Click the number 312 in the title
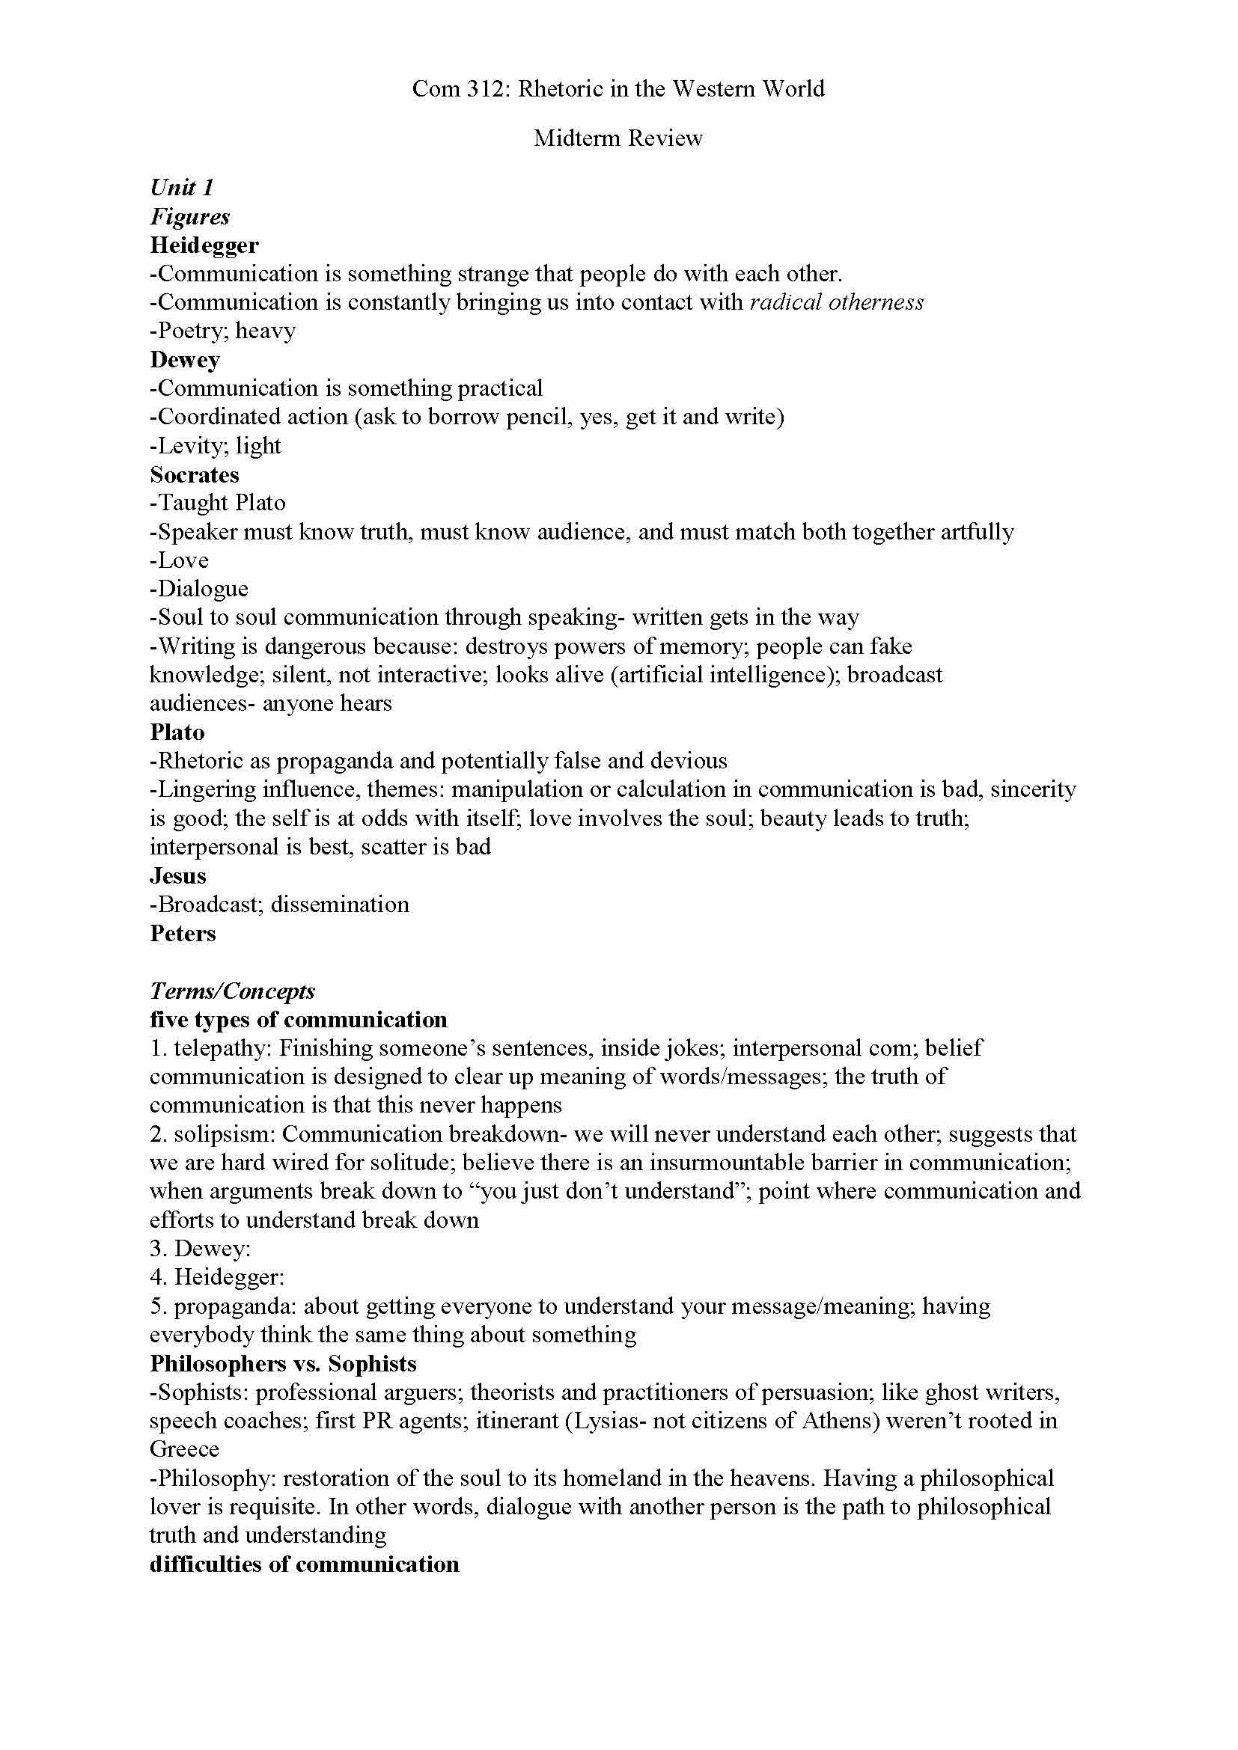[486, 89]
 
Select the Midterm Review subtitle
[618, 138]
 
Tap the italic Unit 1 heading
[181, 188]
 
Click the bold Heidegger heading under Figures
[204, 245]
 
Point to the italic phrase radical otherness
[836, 302]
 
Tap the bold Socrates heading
[195, 475]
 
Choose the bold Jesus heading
[177, 876]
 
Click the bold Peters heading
[183, 934]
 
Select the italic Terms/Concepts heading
[233, 991]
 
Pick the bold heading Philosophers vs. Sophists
[284, 1364]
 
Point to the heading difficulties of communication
[304, 1564]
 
